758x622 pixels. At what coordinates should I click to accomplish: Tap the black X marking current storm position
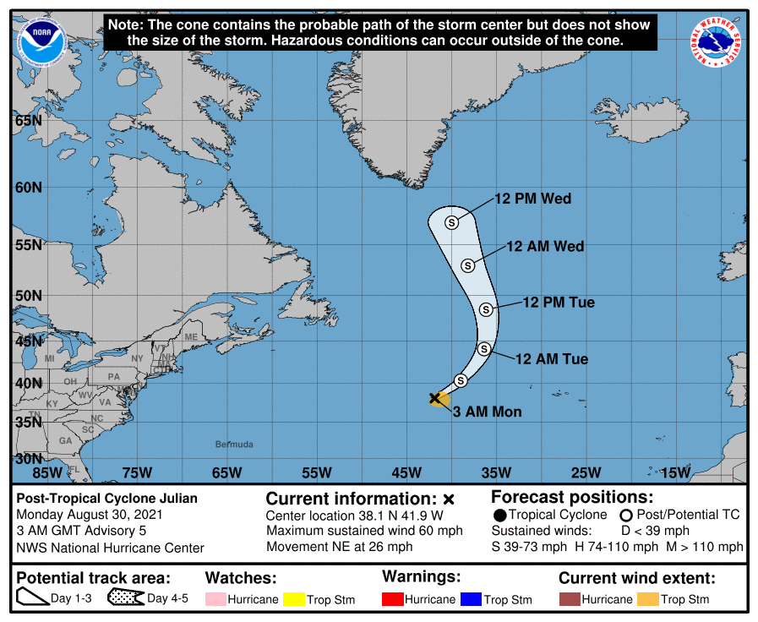[x=435, y=397]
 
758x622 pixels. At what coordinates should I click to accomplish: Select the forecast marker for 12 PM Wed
[x=451, y=222]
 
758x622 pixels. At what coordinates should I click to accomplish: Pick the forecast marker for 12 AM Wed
[x=467, y=265]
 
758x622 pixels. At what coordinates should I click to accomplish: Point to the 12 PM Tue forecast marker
[x=486, y=309]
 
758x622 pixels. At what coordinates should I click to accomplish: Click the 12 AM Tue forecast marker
[x=484, y=348]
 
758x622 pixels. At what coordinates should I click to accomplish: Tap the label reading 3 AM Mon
[x=488, y=412]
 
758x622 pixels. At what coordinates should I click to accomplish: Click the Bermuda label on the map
[x=234, y=444]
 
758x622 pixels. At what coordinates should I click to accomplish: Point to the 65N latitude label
[x=28, y=120]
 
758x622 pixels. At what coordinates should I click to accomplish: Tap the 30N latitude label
[x=28, y=459]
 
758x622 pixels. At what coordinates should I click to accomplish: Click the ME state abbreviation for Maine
[x=191, y=337]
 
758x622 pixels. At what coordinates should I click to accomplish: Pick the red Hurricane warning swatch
[x=392, y=599]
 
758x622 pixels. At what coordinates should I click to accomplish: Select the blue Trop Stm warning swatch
[x=471, y=599]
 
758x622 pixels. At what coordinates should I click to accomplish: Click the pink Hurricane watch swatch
[x=215, y=599]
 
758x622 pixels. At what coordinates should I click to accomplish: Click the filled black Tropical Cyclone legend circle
[x=500, y=515]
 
